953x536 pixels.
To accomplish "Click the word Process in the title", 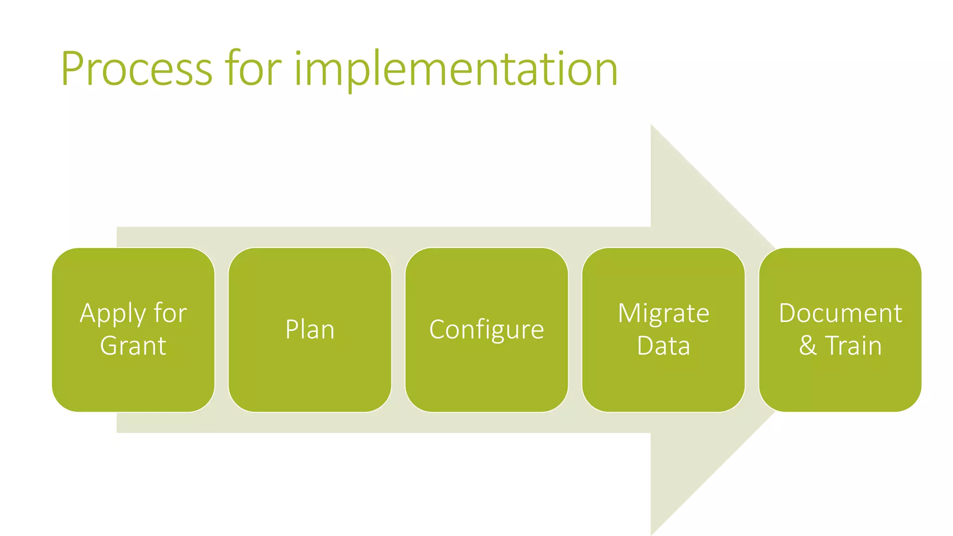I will pyautogui.click(x=136, y=69).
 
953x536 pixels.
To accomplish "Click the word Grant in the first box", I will pyautogui.click(x=133, y=346).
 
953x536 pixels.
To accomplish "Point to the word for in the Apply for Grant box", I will pyautogui.click(x=170, y=313).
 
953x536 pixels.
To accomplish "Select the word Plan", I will pyautogui.click(x=309, y=330).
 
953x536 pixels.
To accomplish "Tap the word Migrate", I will pyautogui.click(x=663, y=313).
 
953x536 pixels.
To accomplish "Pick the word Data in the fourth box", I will pyautogui.click(x=663, y=346).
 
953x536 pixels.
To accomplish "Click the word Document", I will pyautogui.click(x=840, y=313).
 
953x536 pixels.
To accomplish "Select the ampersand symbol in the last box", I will pyautogui.click(x=808, y=346).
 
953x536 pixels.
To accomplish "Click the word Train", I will pyautogui.click(x=853, y=346).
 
